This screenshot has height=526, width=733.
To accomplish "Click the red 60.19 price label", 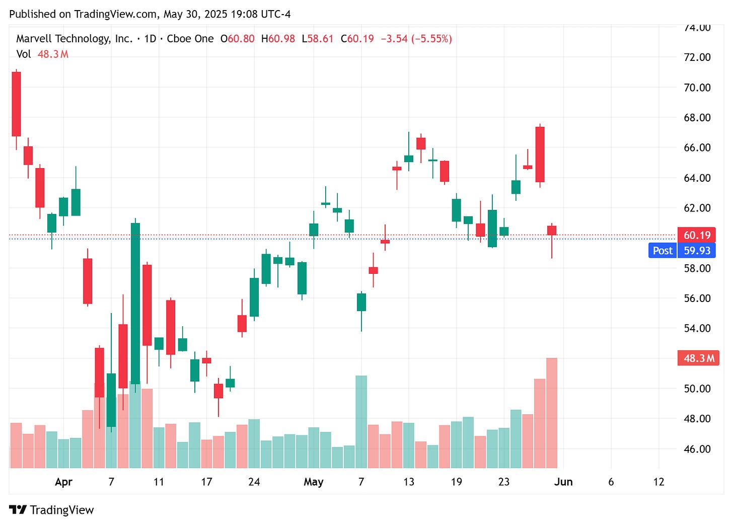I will (x=697, y=235).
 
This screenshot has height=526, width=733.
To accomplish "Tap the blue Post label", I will (x=663, y=251).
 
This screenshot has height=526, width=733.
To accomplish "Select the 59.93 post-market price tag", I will (x=697, y=251).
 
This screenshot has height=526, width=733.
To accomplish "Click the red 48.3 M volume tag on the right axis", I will (x=698, y=358).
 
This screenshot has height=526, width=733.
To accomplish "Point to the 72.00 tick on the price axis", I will (x=697, y=57).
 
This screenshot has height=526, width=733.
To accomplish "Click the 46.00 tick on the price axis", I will (x=697, y=449).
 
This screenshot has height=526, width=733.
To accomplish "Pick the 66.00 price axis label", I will (x=697, y=147).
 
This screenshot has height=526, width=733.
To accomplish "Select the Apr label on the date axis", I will (x=63, y=482).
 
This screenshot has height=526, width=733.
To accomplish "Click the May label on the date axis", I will (x=313, y=482).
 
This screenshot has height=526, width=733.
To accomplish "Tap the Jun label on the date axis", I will (x=563, y=482).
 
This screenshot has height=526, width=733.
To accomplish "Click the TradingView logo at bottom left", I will (x=51, y=510).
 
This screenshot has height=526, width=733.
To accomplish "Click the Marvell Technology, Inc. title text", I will (x=75, y=39).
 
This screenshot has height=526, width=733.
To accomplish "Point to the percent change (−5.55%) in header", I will (x=431, y=39).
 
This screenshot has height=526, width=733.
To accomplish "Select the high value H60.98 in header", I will (x=278, y=39).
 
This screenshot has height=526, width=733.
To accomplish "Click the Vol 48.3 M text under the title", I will (x=42, y=54).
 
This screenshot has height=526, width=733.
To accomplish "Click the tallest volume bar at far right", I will (x=552, y=413).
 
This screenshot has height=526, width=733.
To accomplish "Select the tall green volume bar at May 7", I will (x=361, y=422).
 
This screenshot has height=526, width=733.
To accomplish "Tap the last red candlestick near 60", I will (x=552, y=231).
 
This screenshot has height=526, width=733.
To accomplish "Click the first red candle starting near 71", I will (x=16, y=104).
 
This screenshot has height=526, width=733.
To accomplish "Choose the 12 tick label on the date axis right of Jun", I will (x=658, y=482).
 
